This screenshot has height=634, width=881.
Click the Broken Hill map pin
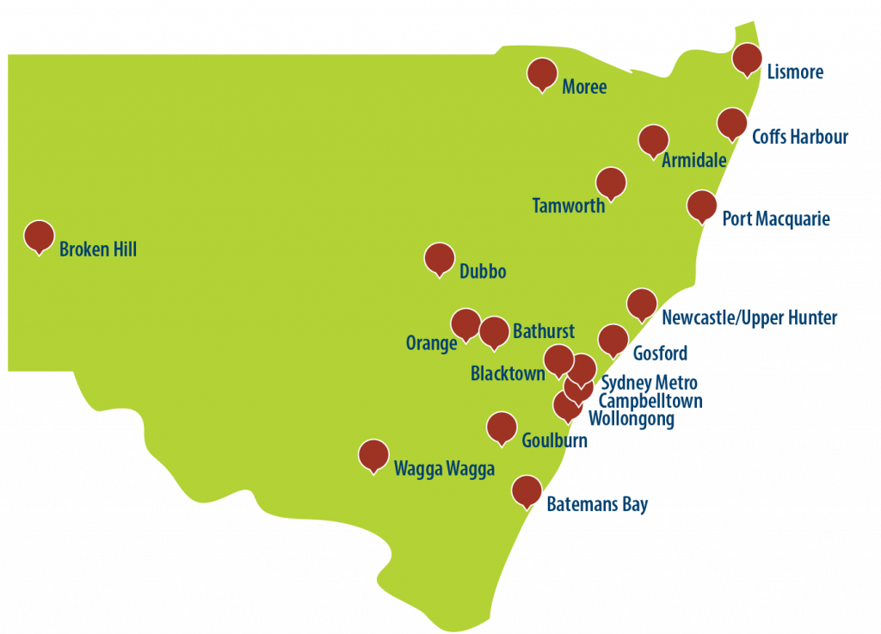coord(39,236)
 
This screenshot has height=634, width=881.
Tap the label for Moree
coord(584,87)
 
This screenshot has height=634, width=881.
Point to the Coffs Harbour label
coord(800,137)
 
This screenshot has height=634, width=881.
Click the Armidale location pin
coord(654,140)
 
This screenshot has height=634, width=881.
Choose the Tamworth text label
coord(568,206)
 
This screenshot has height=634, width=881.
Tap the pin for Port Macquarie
coord(702,206)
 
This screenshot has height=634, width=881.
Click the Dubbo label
coord(483,272)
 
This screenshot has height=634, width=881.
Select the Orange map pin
coord(465,323)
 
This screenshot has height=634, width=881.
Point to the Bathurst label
coord(543,331)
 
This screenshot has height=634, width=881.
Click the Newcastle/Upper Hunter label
coord(749,318)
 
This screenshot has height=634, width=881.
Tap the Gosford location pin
coord(613,339)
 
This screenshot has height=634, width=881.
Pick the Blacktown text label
coord(508,373)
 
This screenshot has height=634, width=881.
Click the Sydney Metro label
coord(649,383)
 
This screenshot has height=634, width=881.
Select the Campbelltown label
coord(650,401)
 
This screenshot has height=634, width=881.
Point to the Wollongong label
coord(631,419)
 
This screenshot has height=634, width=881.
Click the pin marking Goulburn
coord(502,426)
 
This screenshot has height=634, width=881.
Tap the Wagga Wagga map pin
coord(373,455)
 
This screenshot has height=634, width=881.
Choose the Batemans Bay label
coord(597,505)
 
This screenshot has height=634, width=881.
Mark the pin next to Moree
coord(541,73)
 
